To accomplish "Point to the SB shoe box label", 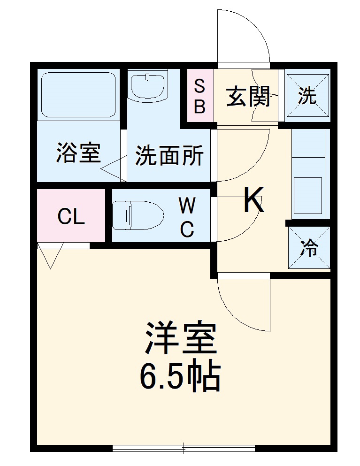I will pos(200,97).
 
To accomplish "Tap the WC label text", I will pos(187,217).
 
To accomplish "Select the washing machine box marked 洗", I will pos(308,96).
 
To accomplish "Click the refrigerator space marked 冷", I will pos(309,247).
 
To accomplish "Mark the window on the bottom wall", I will pos(184,448).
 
